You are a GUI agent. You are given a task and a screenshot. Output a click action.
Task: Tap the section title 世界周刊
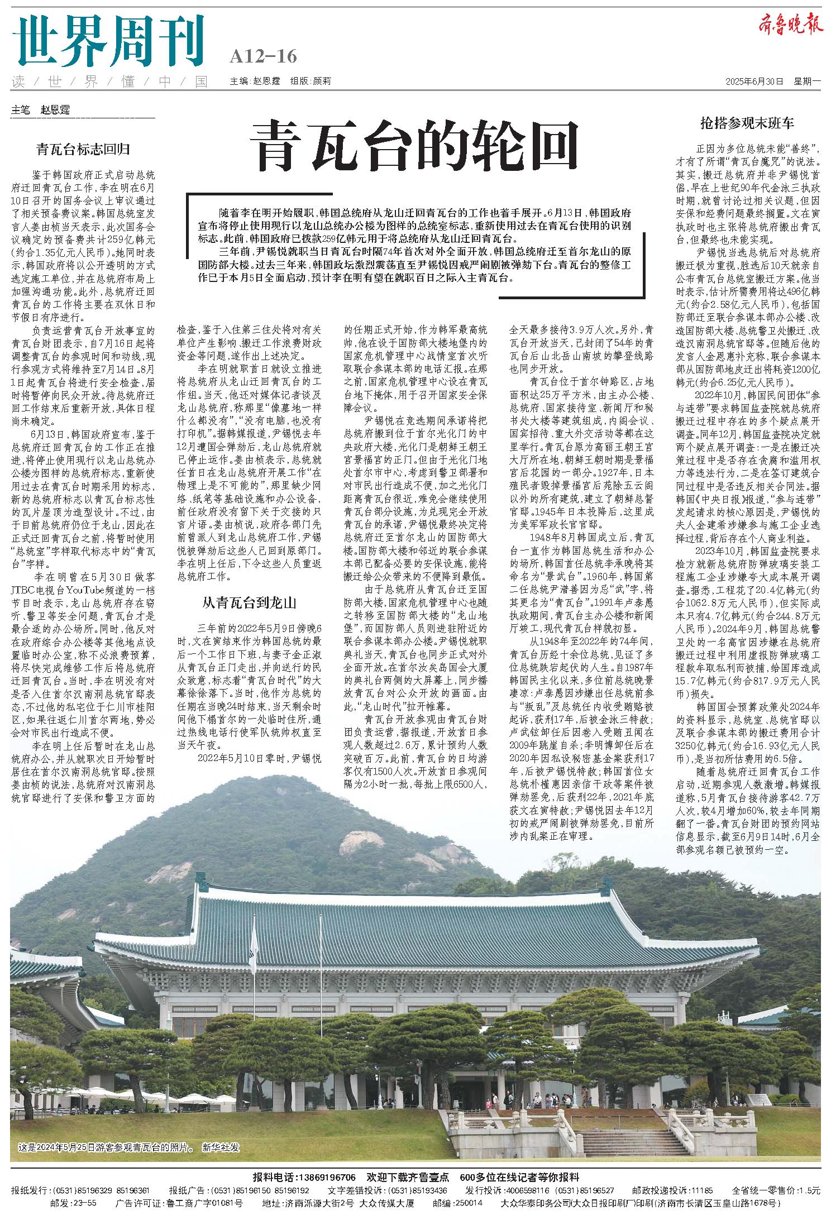108,42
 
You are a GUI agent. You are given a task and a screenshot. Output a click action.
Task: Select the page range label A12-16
263,56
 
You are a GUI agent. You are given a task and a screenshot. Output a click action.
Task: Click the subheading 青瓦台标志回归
83,149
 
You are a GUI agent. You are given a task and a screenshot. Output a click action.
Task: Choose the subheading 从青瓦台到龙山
249,602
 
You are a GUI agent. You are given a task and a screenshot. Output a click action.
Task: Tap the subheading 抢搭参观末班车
747,123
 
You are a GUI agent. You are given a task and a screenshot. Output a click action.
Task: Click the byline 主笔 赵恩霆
41,110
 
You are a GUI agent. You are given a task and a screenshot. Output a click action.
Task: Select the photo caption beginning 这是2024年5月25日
106,1147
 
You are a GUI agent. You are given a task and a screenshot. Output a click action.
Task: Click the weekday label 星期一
807,81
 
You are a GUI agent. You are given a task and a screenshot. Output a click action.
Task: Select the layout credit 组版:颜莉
311,81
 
